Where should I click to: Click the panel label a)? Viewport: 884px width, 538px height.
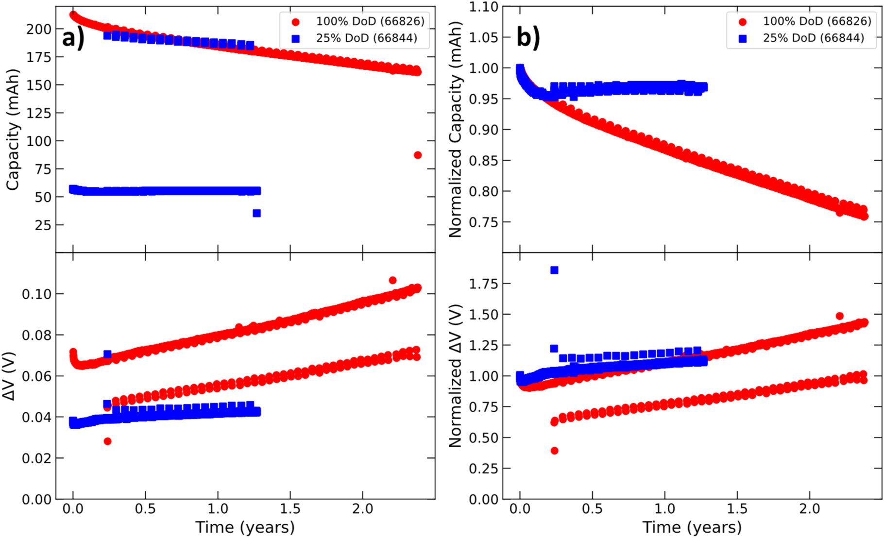pos(73,38)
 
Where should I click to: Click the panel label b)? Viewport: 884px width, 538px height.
pos(528,38)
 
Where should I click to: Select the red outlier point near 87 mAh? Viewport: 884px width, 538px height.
pos(418,155)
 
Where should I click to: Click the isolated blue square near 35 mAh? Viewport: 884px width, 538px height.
pos(257,213)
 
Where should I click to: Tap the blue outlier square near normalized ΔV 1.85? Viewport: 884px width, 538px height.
pos(554,270)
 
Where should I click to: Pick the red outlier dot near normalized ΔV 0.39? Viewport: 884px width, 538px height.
pos(554,451)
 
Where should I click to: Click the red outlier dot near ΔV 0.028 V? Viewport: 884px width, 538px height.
pos(107,441)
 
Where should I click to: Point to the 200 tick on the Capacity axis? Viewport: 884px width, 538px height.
pos(38,29)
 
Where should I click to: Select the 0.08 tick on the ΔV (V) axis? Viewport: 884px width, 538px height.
pos(36,335)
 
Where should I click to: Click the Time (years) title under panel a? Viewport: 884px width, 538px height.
pos(245,527)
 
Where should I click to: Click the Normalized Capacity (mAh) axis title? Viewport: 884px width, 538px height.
pos(455,130)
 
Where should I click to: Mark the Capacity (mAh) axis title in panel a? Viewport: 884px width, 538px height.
pos(13,130)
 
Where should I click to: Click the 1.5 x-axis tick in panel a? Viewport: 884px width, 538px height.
pos(290,509)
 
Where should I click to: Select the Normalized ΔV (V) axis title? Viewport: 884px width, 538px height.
pos(455,376)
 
